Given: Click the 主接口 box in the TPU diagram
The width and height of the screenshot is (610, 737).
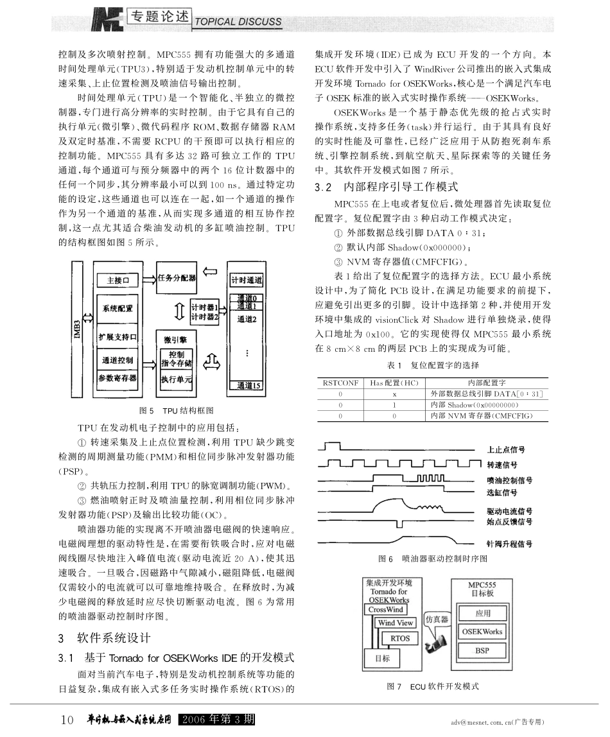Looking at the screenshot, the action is click(118, 280).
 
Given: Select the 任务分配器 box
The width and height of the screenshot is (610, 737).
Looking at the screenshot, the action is click(177, 278).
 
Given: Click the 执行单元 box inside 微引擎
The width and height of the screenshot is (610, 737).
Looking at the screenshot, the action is click(177, 379).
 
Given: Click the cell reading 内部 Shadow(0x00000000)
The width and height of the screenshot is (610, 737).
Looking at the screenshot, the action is click(475, 404).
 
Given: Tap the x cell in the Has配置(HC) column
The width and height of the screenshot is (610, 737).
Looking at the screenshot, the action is click(394, 394).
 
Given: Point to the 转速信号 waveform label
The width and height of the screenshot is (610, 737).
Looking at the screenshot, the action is click(501, 465).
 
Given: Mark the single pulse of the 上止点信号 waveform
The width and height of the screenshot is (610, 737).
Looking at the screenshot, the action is click(332, 446).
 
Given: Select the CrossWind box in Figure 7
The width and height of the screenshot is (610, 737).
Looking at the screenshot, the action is click(386, 609).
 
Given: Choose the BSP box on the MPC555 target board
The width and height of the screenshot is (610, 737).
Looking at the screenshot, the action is click(482, 650).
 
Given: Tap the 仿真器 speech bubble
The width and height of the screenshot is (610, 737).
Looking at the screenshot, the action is click(437, 620).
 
